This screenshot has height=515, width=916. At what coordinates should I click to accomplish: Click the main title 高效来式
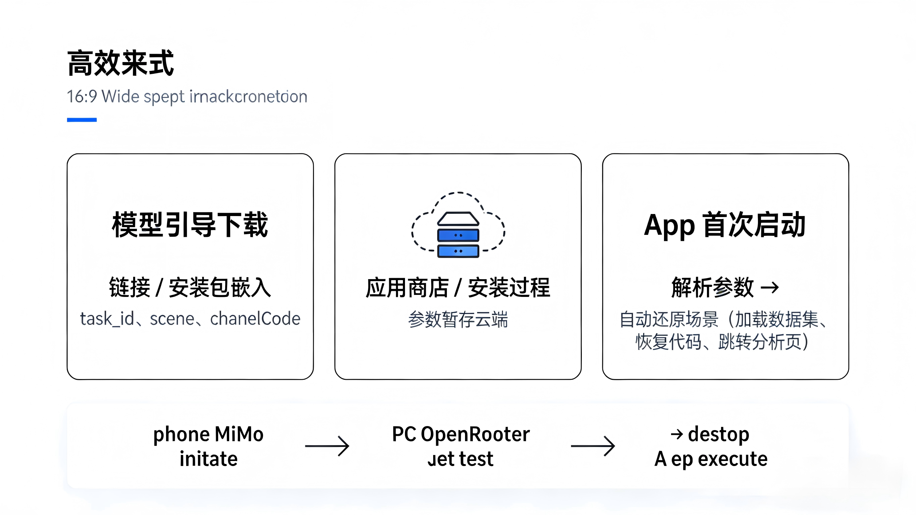(120, 63)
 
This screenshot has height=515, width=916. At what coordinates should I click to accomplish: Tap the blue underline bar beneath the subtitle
(82, 120)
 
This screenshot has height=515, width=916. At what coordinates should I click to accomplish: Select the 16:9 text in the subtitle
(82, 96)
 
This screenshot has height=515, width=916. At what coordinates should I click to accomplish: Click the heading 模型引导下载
(190, 224)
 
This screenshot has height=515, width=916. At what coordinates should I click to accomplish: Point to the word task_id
(107, 319)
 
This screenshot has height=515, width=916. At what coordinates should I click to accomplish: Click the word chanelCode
(255, 319)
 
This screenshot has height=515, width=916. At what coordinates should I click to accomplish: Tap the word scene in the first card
(172, 319)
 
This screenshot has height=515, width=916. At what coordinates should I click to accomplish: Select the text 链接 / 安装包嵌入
(190, 288)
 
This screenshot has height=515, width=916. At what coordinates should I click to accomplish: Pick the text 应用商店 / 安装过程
(458, 288)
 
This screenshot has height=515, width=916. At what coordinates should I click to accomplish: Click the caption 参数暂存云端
(458, 319)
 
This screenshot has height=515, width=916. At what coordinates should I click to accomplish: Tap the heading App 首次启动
(725, 225)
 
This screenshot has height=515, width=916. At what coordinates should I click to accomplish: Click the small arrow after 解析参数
(769, 288)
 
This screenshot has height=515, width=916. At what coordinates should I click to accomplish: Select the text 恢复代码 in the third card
(668, 342)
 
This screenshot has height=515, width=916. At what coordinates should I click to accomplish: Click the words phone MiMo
(208, 434)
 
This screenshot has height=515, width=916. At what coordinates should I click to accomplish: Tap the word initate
(208, 459)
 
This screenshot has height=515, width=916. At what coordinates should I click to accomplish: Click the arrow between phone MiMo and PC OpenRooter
(327, 446)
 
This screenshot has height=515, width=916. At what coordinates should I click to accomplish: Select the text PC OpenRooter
(461, 434)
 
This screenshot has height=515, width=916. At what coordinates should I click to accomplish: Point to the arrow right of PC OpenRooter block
(593, 446)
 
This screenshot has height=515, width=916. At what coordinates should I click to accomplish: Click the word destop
(718, 434)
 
